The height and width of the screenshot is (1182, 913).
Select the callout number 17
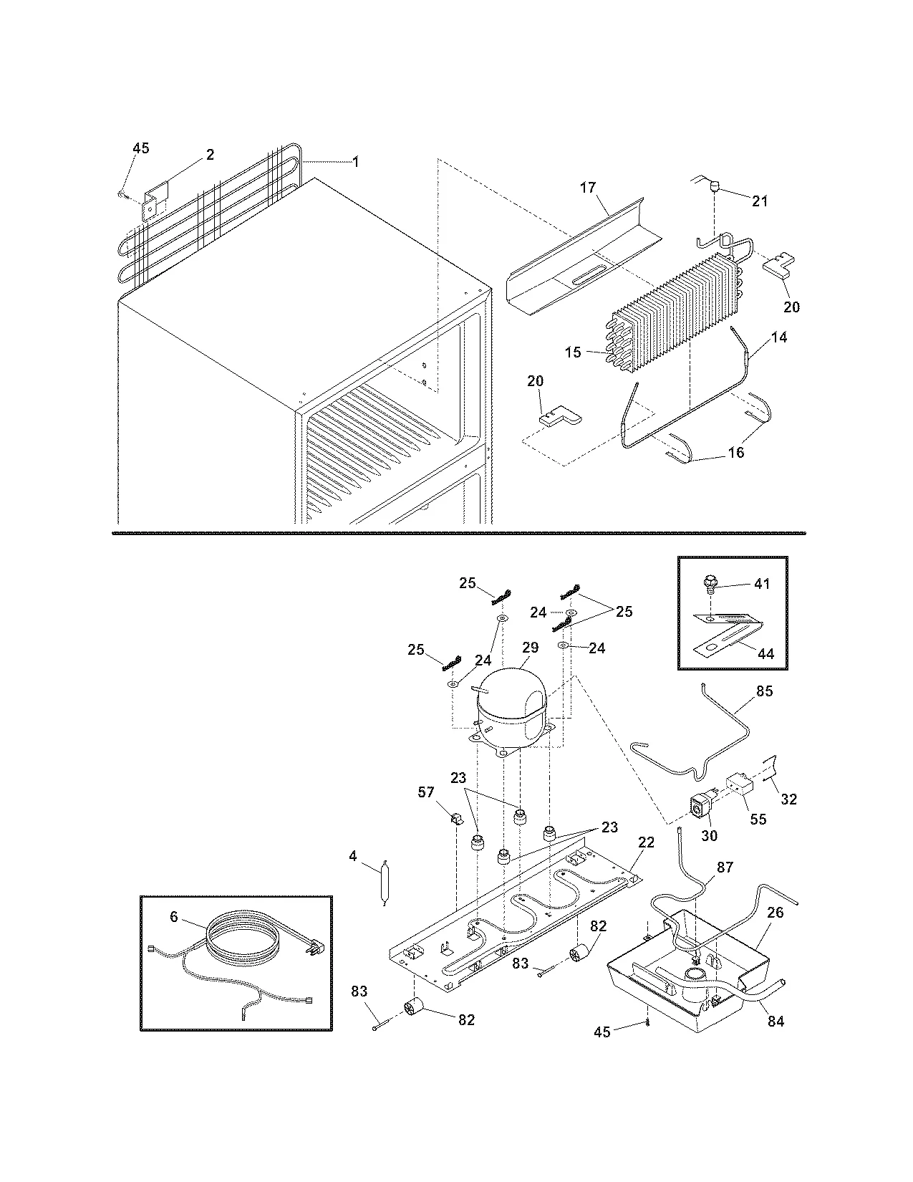coord(587,188)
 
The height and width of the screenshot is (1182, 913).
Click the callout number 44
coord(765,653)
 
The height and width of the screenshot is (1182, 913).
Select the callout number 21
coord(759,201)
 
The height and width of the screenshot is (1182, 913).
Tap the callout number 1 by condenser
coord(355,162)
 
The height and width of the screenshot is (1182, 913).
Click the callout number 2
coord(210,154)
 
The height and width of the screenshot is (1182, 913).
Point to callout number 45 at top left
coord(141,148)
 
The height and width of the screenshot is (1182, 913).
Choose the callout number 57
coord(426,792)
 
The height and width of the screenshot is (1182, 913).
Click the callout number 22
coord(645,842)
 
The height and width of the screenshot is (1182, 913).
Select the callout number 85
coord(764,691)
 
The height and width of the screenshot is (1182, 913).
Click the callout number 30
coord(708,835)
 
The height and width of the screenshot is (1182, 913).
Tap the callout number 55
coord(757,818)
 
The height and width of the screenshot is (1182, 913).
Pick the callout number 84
coord(776,1022)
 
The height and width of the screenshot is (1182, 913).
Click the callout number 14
coord(779,337)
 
